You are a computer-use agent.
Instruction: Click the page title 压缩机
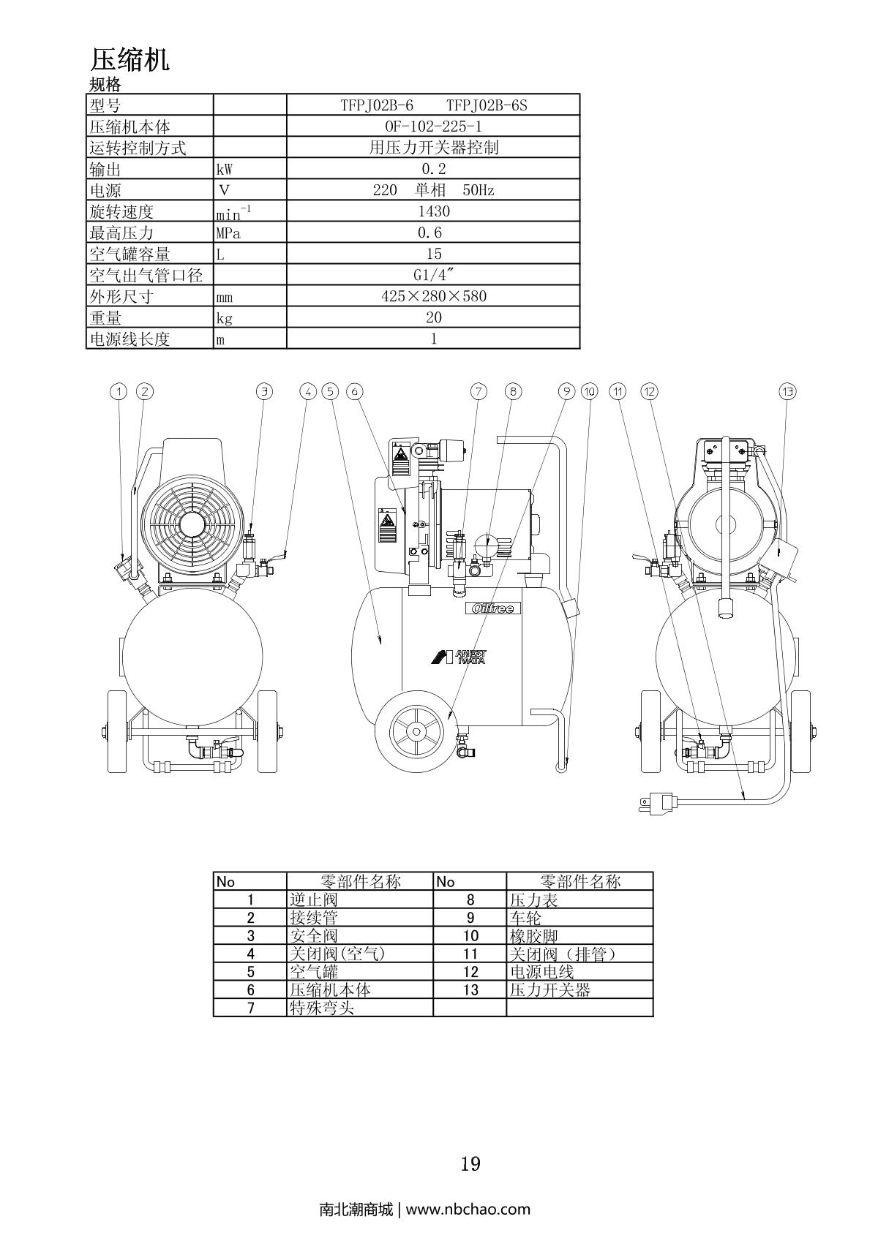(130, 59)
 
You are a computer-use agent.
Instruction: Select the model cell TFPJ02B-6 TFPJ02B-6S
(433, 105)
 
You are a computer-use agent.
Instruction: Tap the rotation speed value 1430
(433, 211)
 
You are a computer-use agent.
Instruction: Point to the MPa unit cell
(228, 233)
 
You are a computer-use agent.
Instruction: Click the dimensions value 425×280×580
(433, 296)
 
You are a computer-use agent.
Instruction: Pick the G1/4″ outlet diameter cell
(433, 275)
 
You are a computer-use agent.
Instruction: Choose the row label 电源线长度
(130, 339)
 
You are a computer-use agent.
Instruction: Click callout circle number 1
(119, 392)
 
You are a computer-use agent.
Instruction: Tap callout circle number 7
(479, 392)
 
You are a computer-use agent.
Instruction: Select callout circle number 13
(788, 392)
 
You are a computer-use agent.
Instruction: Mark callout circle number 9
(567, 392)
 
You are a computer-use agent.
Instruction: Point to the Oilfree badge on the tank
(490, 608)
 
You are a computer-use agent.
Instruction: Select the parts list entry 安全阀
(314, 936)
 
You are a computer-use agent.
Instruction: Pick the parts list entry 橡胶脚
(533, 936)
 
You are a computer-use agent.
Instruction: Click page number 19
(470, 1163)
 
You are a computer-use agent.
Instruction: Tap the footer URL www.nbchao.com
(468, 1209)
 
